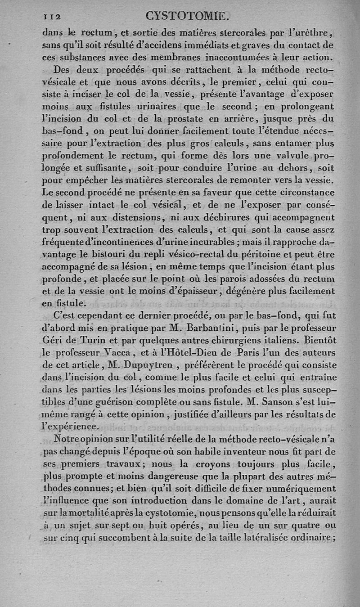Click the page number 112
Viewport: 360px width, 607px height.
point(52,16)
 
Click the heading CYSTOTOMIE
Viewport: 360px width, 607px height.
point(188,17)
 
